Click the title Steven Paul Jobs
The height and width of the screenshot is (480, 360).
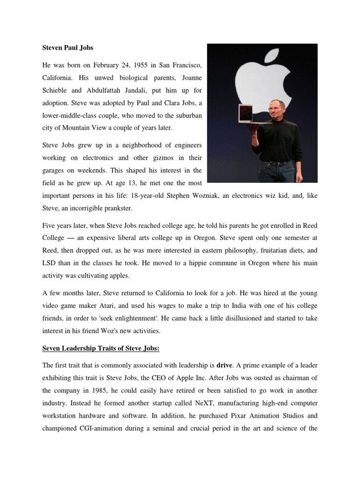66,48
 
